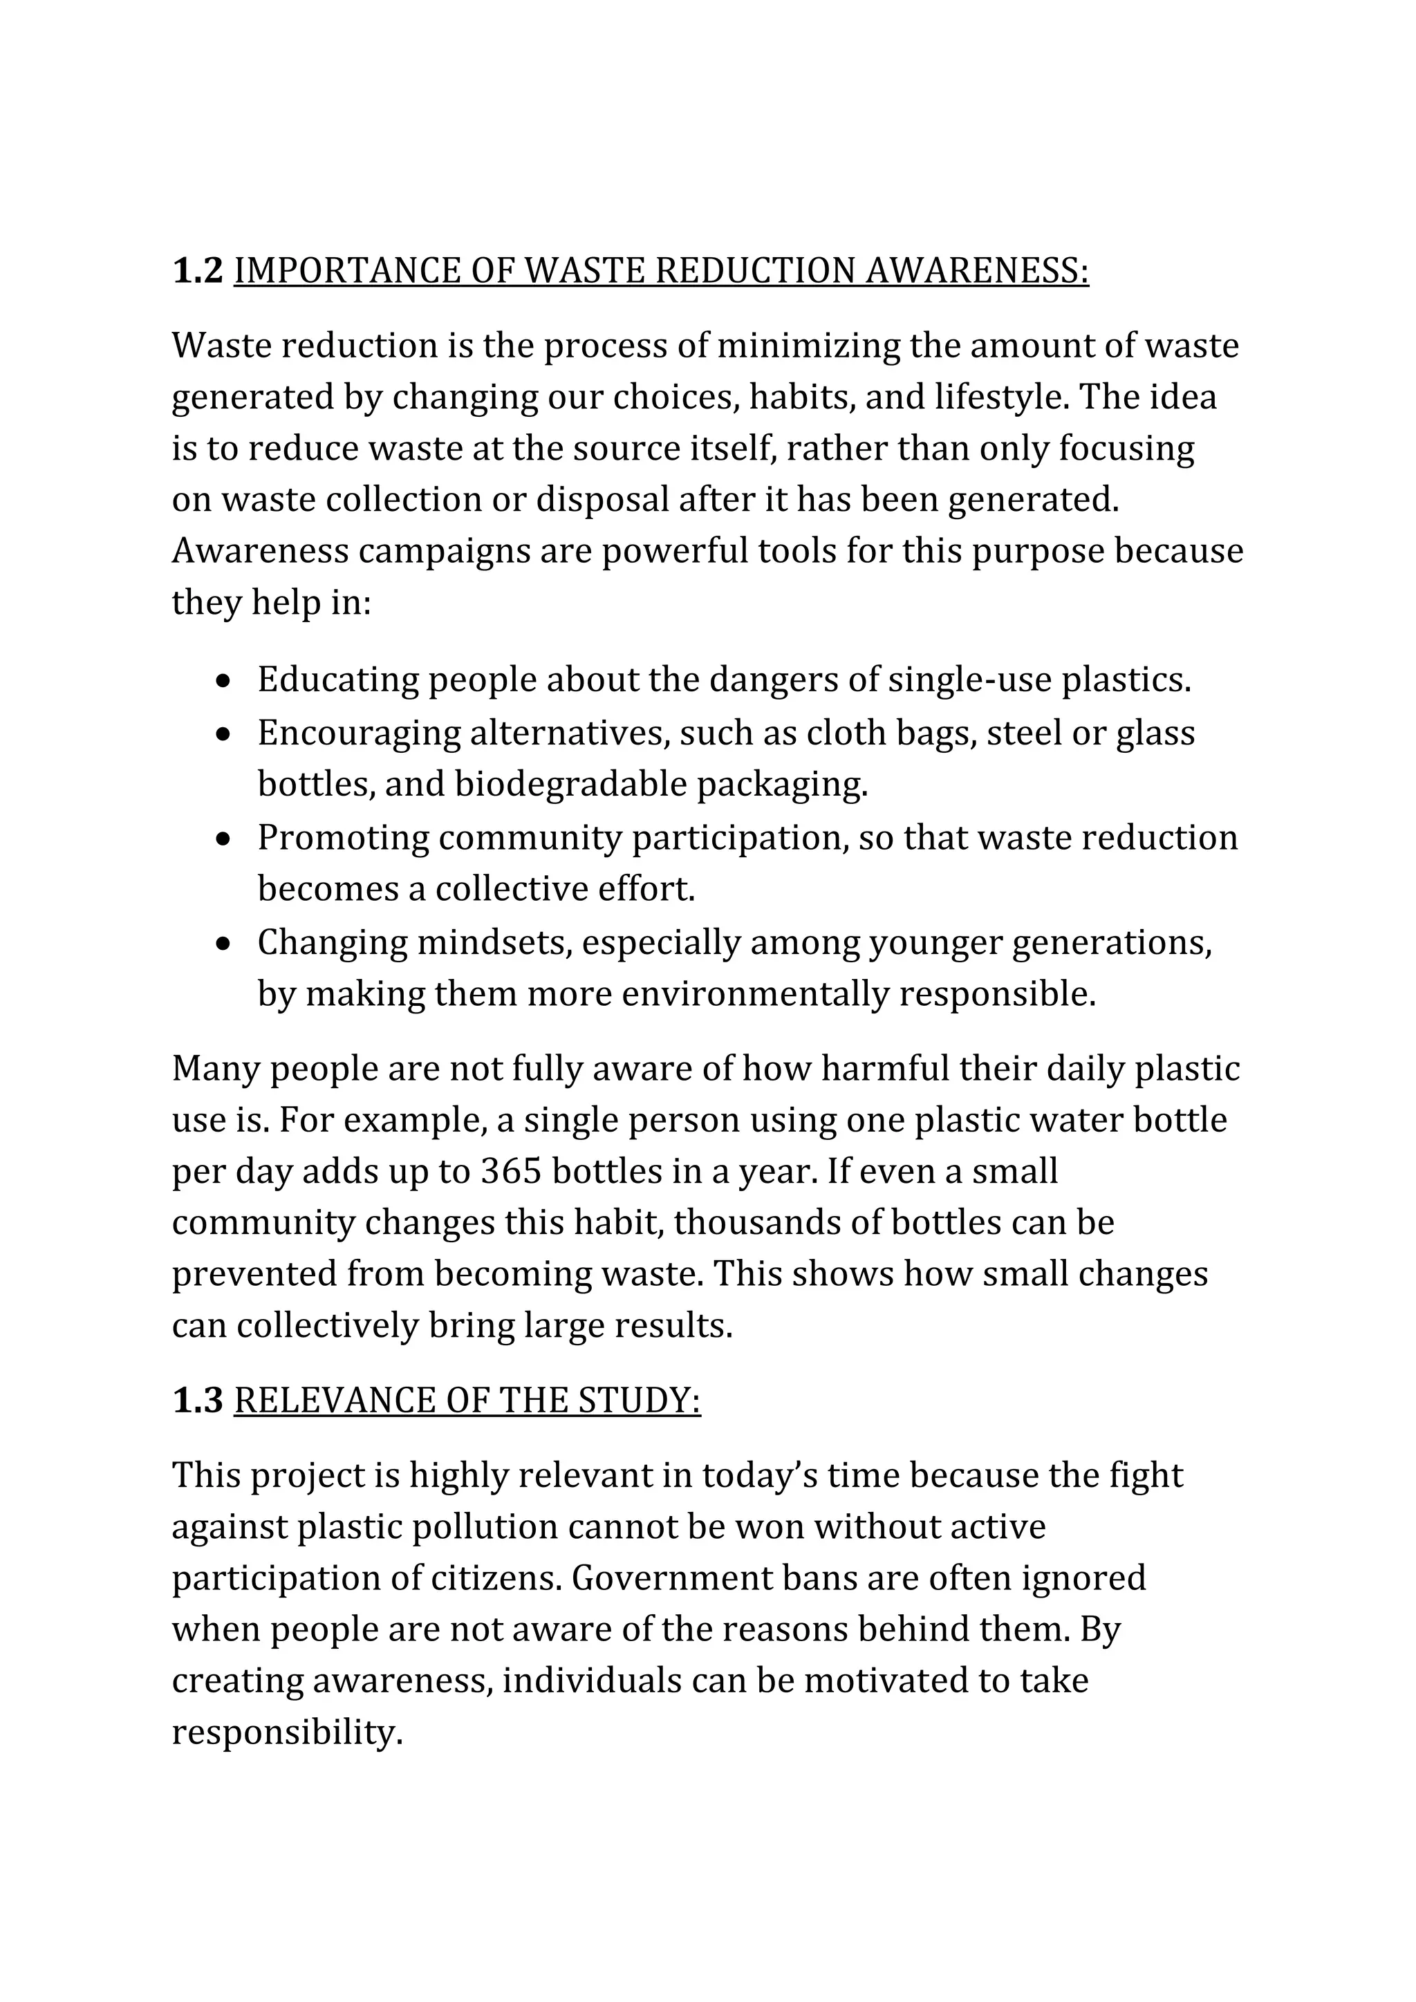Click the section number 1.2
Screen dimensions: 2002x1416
point(198,271)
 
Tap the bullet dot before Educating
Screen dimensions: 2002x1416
point(225,681)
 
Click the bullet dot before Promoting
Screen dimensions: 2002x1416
point(225,839)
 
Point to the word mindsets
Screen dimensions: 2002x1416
point(494,942)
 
